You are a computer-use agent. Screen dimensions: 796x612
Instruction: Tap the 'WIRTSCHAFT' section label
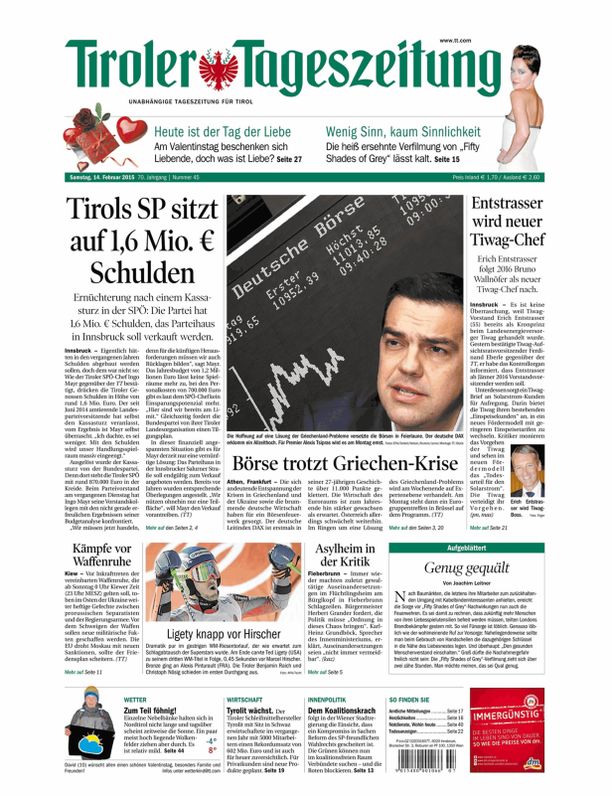pyautogui.click(x=243, y=700)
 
